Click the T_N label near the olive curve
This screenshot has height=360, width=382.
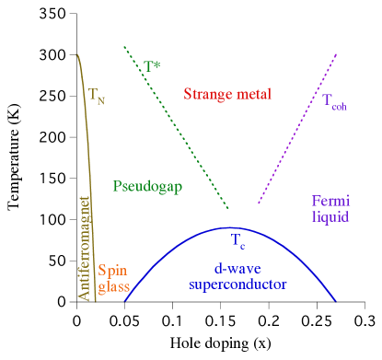click(97, 95)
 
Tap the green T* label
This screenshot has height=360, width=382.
click(152, 67)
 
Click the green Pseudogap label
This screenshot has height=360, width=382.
click(147, 186)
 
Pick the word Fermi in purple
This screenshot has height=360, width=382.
click(330, 202)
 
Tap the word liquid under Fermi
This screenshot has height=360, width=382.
click(330, 218)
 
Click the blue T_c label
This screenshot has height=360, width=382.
click(237, 241)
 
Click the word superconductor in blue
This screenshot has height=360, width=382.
click(237, 285)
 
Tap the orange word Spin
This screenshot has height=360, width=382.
click(112, 271)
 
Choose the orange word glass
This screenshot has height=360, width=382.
click(113, 286)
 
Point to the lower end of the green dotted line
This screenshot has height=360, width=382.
click(228, 208)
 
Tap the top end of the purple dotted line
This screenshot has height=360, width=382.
click(336, 54)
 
